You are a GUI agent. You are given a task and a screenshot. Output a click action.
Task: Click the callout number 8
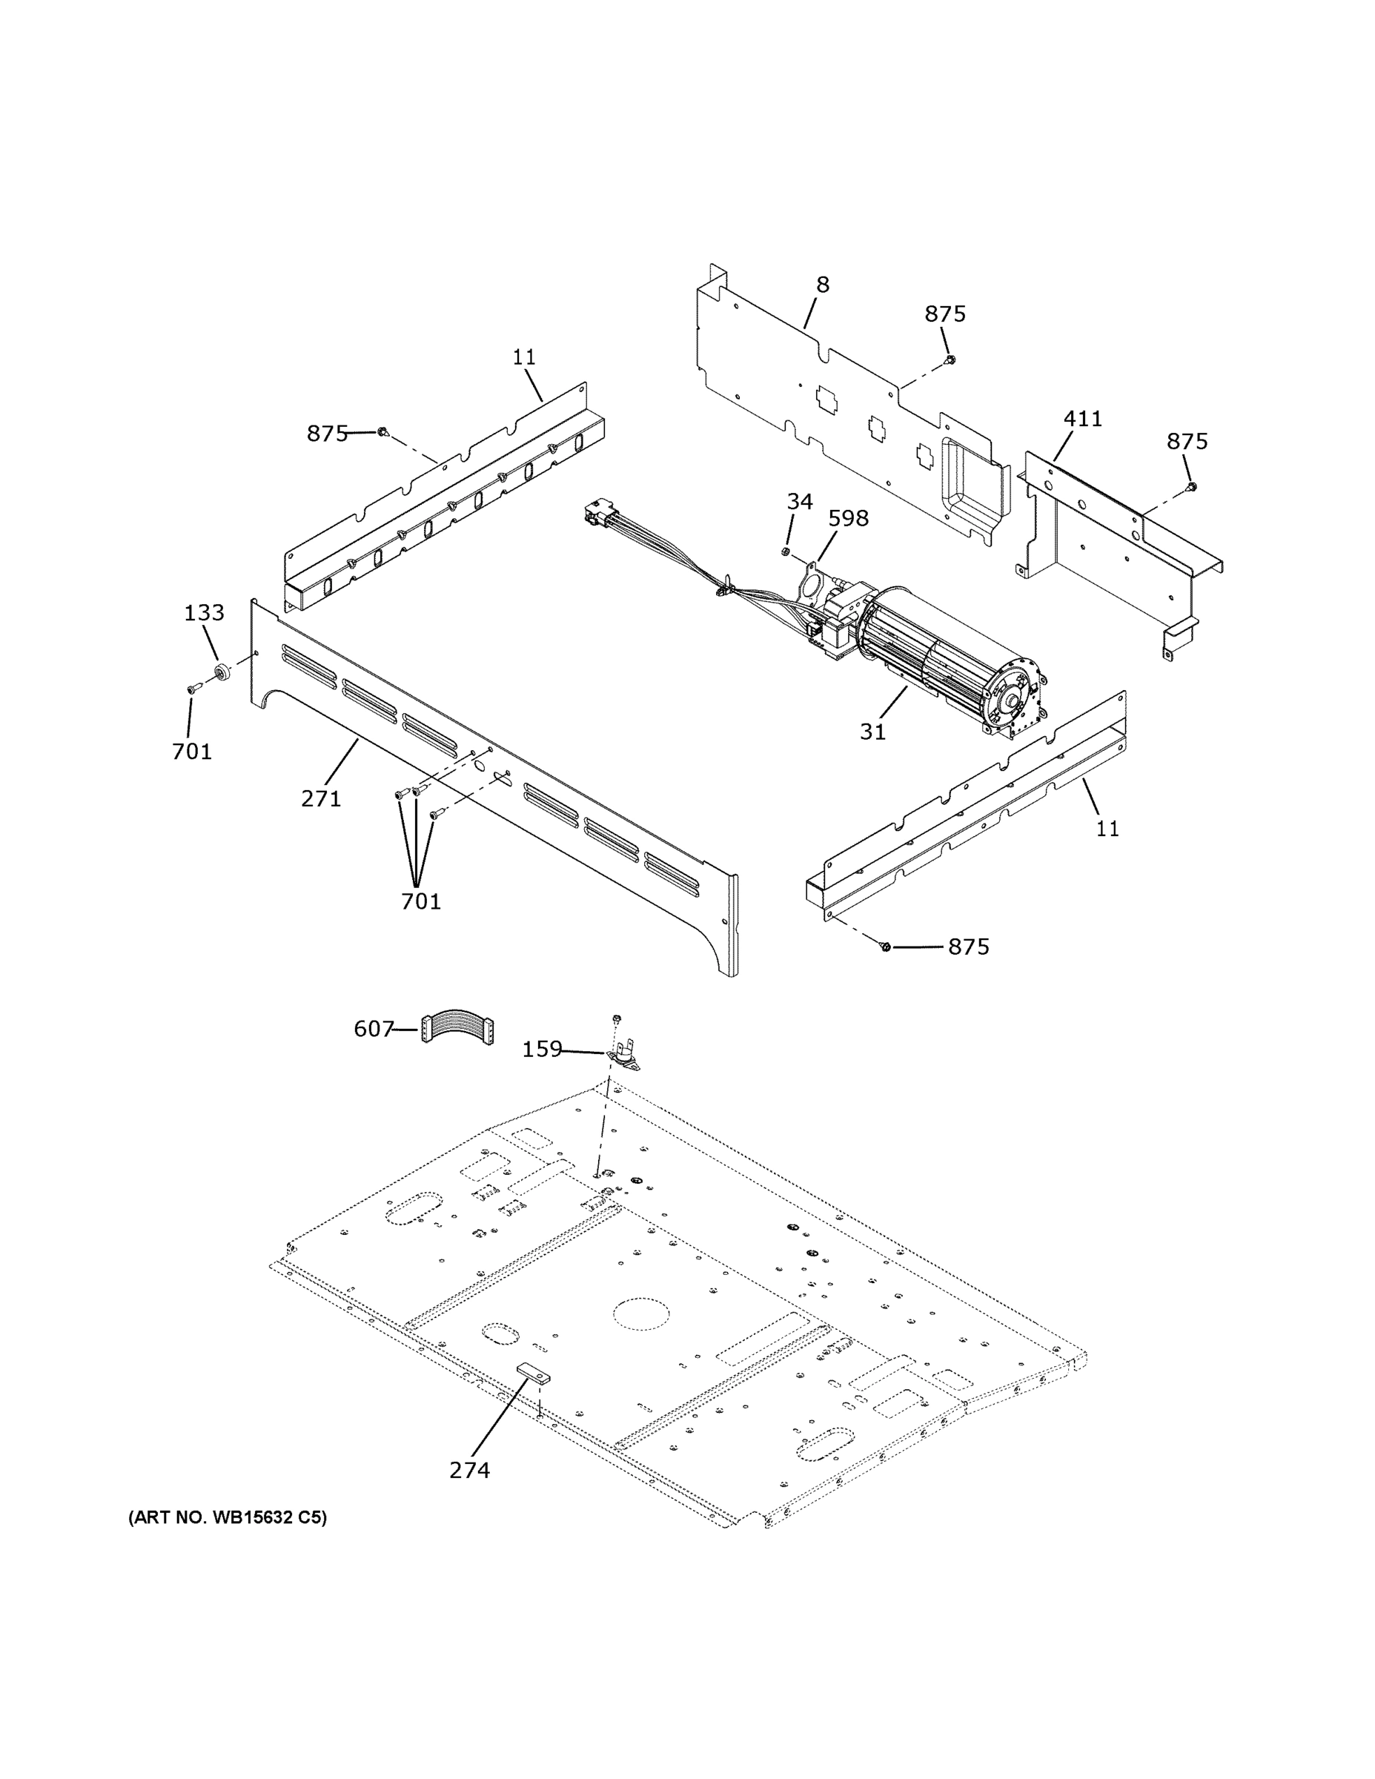pos(823,285)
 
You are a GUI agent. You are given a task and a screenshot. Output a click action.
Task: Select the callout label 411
pos(1082,419)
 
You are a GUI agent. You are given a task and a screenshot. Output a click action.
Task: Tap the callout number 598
pos(848,518)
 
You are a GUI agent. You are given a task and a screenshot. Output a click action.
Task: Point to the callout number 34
pos(799,502)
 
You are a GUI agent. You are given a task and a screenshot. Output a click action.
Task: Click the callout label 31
pos(872,732)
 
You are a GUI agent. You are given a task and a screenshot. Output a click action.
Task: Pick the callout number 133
pos(204,612)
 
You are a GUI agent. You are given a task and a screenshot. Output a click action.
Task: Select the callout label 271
pos(321,799)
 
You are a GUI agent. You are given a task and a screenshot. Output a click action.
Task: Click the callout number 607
pos(373,1030)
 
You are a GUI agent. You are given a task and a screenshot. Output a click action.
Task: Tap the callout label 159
pos(542,1049)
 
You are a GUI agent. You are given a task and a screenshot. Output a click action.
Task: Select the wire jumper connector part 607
pos(459,1029)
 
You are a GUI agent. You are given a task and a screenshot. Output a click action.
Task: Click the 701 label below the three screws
pos(420,901)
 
